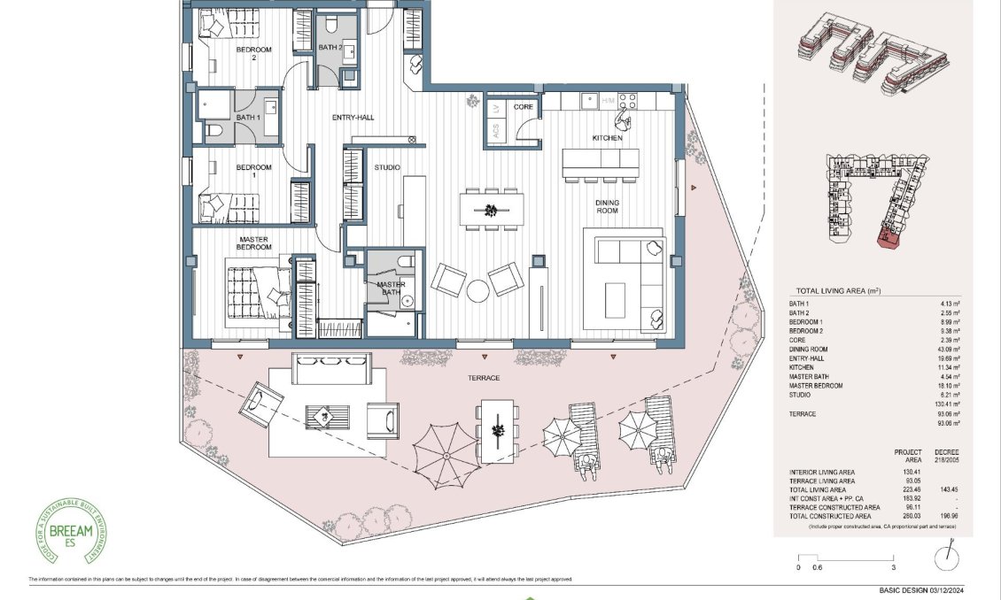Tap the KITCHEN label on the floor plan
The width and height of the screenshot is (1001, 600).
point(608,138)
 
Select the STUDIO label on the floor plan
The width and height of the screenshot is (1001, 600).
point(387,167)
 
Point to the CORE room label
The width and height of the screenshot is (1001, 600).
point(524,106)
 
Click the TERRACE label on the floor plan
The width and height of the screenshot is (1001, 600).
point(485,378)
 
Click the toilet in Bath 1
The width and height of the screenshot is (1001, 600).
point(213,132)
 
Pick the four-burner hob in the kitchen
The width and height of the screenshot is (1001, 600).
point(627,101)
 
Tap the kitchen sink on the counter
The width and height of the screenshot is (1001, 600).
point(588,101)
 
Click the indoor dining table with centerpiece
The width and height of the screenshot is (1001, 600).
point(490,210)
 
